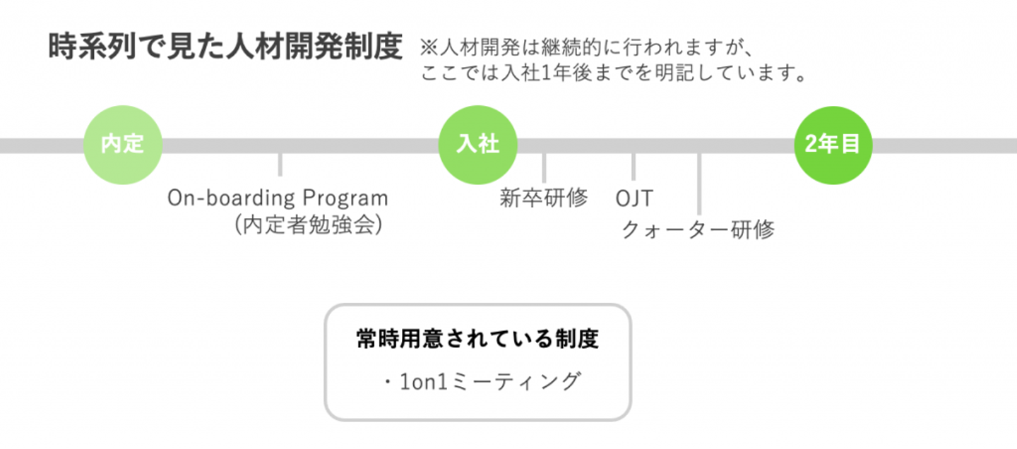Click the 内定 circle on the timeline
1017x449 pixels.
point(123,145)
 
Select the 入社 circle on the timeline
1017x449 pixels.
point(478,145)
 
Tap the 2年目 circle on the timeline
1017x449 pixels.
point(833,145)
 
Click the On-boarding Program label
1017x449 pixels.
point(278,198)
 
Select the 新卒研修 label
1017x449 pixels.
point(543,198)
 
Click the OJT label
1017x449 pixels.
point(634,198)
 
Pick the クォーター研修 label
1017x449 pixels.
point(698,229)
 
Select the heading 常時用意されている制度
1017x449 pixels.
point(477,340)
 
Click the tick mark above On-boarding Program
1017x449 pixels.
point(280,164)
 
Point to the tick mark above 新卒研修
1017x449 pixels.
point(544,167)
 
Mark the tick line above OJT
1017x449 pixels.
point(634,167)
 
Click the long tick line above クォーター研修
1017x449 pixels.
point(698,184)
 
